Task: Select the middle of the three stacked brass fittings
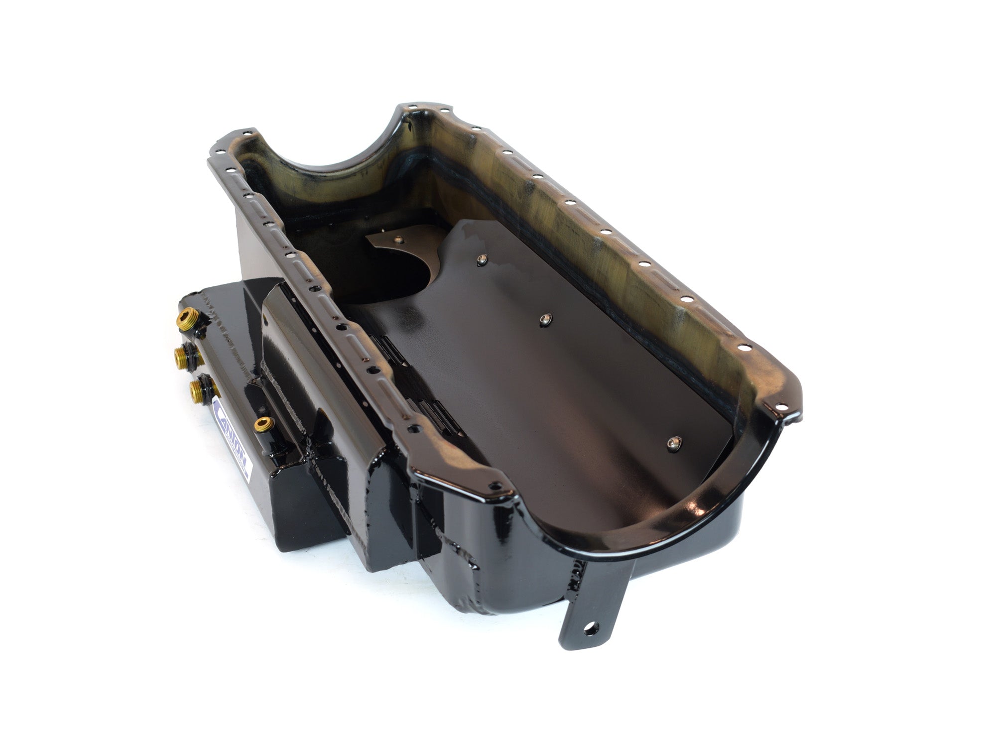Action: tap(182, 355)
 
